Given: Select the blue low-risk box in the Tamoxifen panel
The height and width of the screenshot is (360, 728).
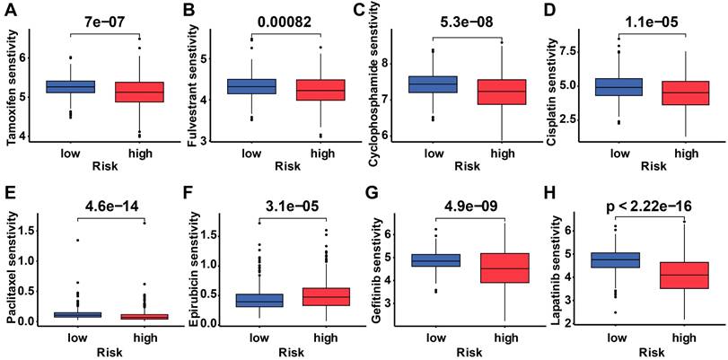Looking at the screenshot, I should click(x=70, y=86).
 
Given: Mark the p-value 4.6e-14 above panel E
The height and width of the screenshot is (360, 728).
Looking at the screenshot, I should click(x=107, y=201).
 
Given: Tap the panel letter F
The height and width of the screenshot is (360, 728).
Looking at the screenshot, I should click(x=190, y=192).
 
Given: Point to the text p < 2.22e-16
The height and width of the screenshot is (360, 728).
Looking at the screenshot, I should click(x=653, y=201).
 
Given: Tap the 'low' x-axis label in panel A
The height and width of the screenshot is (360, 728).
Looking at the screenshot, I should click(x=70, y=153).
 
